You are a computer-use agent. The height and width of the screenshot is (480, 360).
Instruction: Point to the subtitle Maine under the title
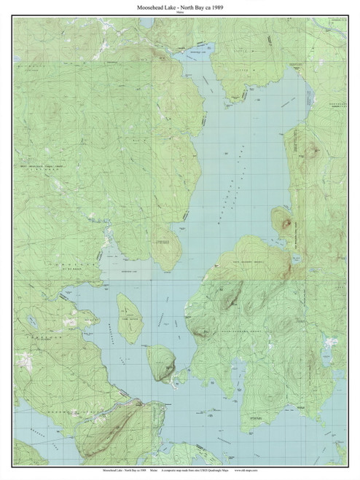(180, 12)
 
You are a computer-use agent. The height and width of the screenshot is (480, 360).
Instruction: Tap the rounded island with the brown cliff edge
(162, 361)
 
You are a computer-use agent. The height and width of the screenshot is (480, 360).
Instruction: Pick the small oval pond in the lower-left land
(32, 321)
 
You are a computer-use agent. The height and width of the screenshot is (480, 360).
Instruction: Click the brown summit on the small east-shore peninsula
(283, 221)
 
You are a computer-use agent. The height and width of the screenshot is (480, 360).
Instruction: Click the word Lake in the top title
(167, 7)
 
